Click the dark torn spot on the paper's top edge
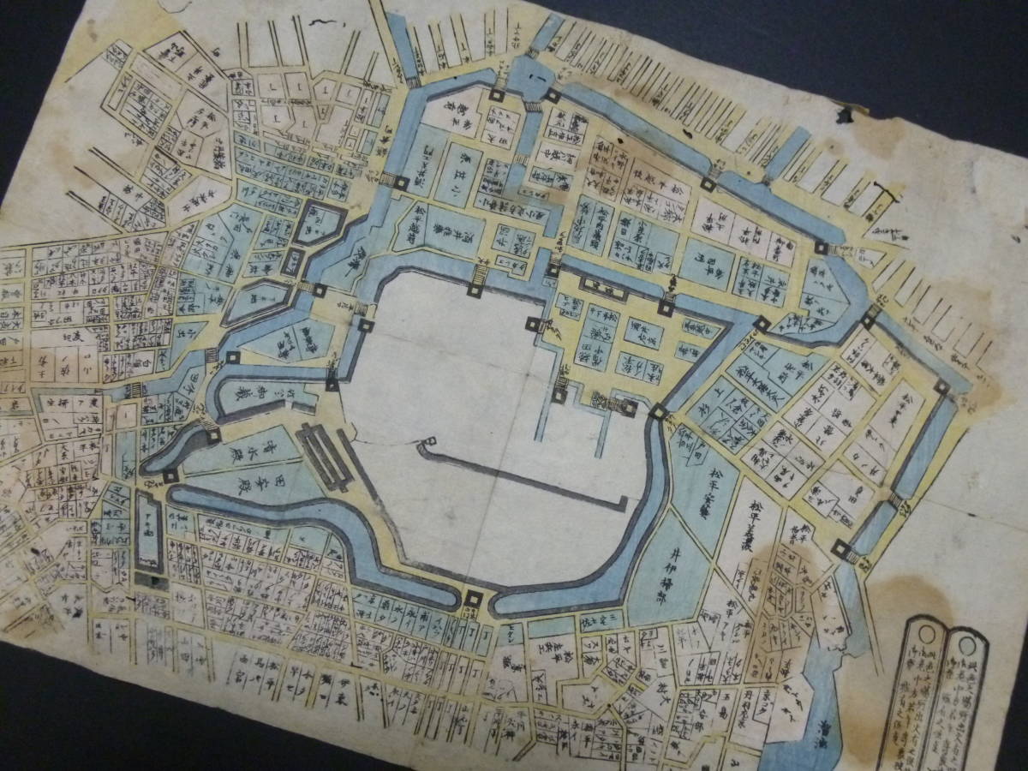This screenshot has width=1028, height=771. pos(847,112)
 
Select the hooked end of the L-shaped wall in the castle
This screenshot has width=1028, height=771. pos(423,445)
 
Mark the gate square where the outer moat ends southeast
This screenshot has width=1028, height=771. pos(840,549)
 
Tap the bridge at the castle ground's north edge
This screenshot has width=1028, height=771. pos(478,274)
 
